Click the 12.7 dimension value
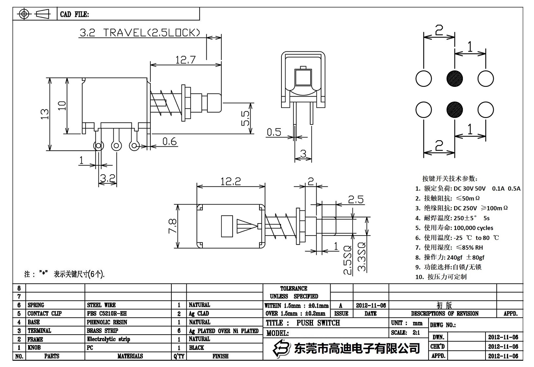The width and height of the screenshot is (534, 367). pyautogui.click(x=185, y=60)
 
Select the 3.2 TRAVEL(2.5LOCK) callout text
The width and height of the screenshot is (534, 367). pyautogui.click(x=139, y=33)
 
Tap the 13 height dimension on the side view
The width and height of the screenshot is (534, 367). pyautogui.click(x=45, y=114)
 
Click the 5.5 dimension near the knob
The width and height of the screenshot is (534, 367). pyautogui.click(x=245, y=118)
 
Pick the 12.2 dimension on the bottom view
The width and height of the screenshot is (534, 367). pyautogui.click(x=230, y=181)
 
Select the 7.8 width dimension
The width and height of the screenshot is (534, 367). pyautogui.click(x=173, y=226)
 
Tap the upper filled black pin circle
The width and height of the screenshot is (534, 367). pyautogui.click(x=455, y=79)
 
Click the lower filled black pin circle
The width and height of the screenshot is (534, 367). pyautogui.click(x=455, y=109)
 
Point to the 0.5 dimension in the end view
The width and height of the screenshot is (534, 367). pyautogui.click(x=274, y=132)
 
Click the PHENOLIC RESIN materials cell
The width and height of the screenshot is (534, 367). pyautogui.click(x=107, y=322)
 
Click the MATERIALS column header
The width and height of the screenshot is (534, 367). pyautogui.click(x=130, y=356)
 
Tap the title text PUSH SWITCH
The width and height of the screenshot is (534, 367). pyautogui.click(x=318, y=323)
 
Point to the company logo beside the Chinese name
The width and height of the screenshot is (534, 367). pyautogui.click(x=282, y=348)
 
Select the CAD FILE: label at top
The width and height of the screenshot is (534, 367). pyautogui.click(x=74, y=14)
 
